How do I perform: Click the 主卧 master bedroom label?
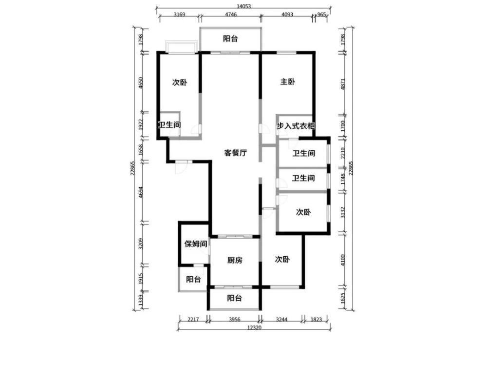pos(288,82)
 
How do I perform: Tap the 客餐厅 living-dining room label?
pos(235,153)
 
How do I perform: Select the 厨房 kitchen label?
pos(235,260)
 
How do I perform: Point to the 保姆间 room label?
pos(196,244)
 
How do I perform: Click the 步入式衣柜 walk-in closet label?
pos(296,126)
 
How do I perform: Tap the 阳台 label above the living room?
pos(230,39)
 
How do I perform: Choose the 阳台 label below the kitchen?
pos(235,298)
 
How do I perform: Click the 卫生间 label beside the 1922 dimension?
pos(169,125)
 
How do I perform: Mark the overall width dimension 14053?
pos(243,6)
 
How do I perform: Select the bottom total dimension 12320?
pos(254,327)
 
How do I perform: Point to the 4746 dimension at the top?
pos(231,14)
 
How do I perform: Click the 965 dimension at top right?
pos(322,14)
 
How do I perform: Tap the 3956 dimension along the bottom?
pos(235,319)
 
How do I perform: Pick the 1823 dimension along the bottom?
pos(316,319)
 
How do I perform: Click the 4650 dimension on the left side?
pos(141,83)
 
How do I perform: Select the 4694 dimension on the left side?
pos(141,192)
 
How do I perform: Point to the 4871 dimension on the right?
pos(343,84)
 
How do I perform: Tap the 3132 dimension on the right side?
pos(343,212)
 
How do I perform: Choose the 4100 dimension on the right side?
pos(343,260)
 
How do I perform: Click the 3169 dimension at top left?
pos(179,14)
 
